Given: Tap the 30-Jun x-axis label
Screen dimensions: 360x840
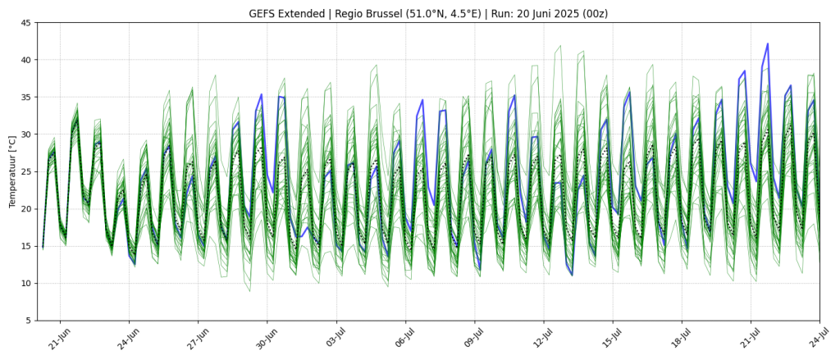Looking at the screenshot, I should [x=264, y=339].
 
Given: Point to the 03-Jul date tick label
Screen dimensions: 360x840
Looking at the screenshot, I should [x=334, y=339].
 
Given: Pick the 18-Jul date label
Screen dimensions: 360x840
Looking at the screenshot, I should [x=679, y=339].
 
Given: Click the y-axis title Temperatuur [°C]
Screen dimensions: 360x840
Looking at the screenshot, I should [x=12, y=171].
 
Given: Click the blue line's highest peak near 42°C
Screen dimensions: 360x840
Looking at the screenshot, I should [x=768, y=44].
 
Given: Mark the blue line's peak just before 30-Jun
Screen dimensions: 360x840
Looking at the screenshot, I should [x=262, y=94].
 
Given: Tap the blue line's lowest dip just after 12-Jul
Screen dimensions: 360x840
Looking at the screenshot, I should [x=572, y=275].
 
